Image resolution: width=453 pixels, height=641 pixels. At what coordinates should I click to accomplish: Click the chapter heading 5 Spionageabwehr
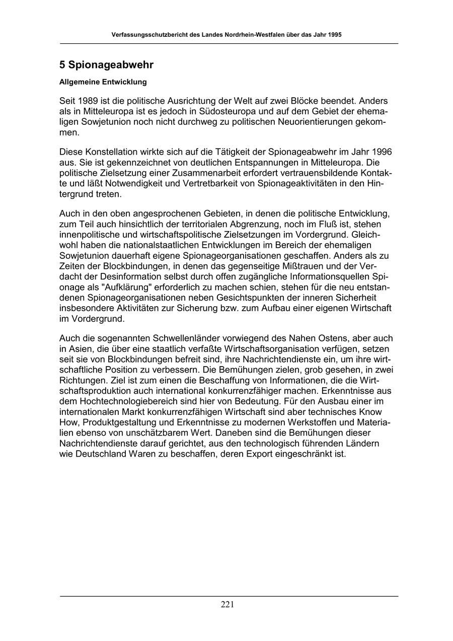pyautogui.click(x=106, y=65)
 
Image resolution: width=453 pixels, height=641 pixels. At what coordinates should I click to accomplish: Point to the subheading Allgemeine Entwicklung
pyautogui.click(x=103, y=82)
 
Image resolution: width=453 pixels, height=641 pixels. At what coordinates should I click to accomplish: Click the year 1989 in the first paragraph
pyautogui.click(x=87, y=101)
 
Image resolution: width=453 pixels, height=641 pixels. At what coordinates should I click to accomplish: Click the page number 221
pyautogui.click(x=227, y=605)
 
